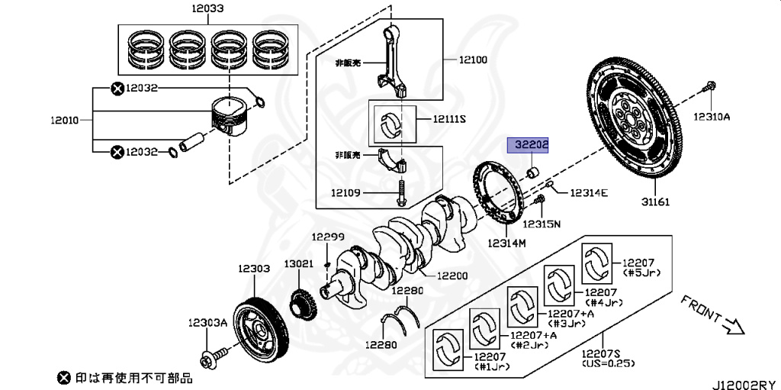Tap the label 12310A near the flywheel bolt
tap(711, 117)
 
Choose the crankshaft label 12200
tap(452, 276)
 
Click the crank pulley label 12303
tap(253, 269)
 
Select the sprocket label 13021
tap(300, 263)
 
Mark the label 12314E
tap(588, 192)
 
